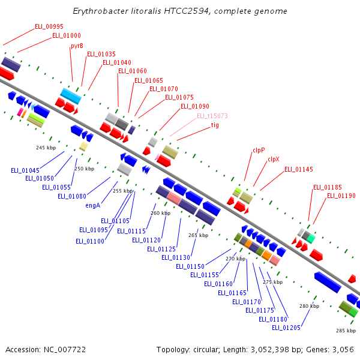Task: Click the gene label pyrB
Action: click(77, 46)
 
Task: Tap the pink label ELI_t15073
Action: click(212, 116)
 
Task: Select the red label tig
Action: click(215, 125)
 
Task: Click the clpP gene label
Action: click(259, 150)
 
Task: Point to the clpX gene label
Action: click(274, 159)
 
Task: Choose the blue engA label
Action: click(93, 205)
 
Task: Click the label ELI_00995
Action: click(49, 26)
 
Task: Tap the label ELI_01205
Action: click(286, 328)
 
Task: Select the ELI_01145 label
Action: click(299, 169)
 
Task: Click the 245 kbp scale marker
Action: click(46, 148)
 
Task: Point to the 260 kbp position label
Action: click(160, 213)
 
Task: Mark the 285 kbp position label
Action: click(346, 331)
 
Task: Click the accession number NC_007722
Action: click(65, 350)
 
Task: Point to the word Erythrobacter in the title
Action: click(101, 11)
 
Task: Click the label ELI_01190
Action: click(341, 196)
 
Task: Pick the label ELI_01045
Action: click(25, 170)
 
